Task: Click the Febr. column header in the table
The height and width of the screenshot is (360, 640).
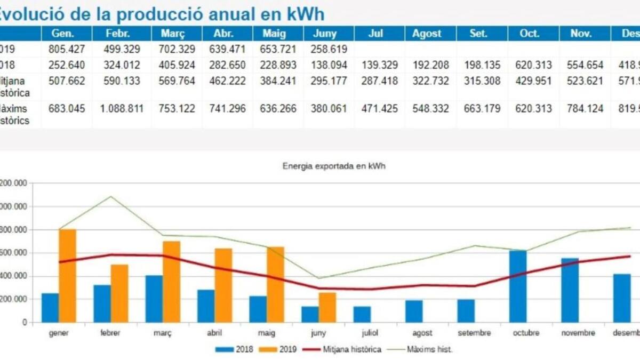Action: pyautogui.click(x=118, y=34)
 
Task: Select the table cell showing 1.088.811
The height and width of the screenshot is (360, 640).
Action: pyautogui.click(x=118, y=109)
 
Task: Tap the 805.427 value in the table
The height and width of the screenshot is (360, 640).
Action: pyautogui.click(x=67, y=50)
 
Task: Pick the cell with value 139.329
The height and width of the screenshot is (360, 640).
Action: pyautogui.click(x=376, y=65)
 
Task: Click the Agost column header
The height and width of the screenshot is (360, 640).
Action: pyautogui.click(x=427, y=34)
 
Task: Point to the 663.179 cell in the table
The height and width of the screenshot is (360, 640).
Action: pyautogui.click(x=478, y=109)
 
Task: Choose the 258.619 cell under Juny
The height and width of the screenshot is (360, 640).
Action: pyautogui.click(x=326, y=50)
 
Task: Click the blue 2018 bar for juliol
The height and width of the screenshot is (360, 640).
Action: pyautogui.click(x=362, y=314)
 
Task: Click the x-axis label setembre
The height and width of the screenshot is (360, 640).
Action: pyautogui.click(x=474, y=333)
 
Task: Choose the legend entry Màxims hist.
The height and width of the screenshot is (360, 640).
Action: pyautogui.click(x=430, y=350)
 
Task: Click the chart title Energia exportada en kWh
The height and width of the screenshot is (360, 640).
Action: pyautogui.click(x=334, y=166)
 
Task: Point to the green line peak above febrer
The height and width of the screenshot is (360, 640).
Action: pyautogui.click(x=111, y=196)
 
